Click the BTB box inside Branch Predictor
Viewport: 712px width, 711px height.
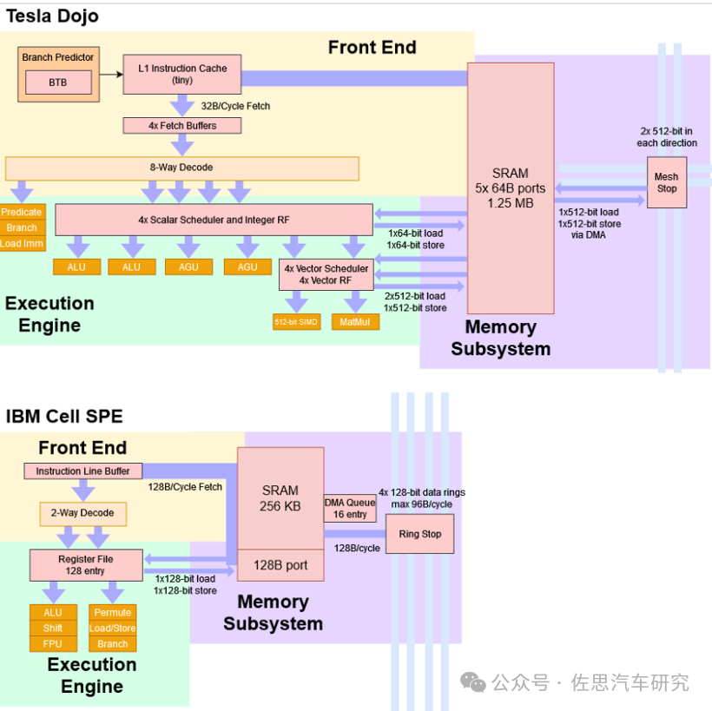tap(58, 82)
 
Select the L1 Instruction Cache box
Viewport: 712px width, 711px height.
tap(182, 75)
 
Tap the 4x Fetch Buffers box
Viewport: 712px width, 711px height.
tap(182, 126)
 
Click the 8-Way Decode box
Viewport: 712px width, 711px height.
tap(182, 168)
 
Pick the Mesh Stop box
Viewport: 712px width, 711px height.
tap(667, 182)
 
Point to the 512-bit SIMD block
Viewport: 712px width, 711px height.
tap(296, 322)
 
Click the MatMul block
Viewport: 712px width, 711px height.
tap(355, 322)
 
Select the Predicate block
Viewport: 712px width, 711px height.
tap(23, 212)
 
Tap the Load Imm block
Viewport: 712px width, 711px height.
tap(23, 243)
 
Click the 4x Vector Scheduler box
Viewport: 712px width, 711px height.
tap(326, 274)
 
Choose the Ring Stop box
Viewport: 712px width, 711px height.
tap(420, 534)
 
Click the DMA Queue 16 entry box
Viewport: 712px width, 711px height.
tap(350, 509)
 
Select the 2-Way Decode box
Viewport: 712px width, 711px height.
tap(82, 514)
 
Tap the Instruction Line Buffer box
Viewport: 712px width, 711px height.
tap(82, 471)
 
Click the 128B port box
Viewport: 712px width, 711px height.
tap(280, 565)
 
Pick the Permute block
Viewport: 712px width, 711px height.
tap(113, 613)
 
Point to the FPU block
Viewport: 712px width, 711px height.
tap(53, 644)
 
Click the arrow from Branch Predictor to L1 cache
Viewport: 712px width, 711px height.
tap(111, 75)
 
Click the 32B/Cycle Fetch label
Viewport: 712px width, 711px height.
tap(235, 106)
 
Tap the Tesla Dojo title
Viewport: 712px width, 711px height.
tap(52, 16)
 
